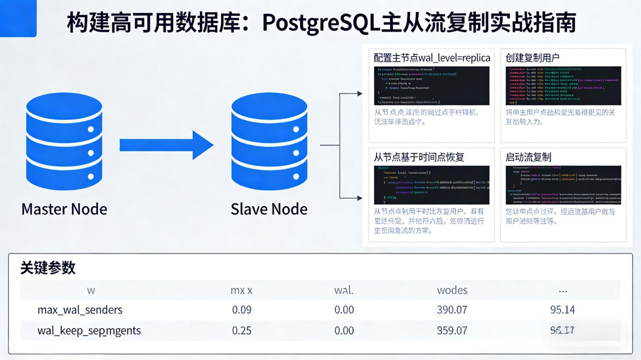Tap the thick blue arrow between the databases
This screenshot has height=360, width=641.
(166, 145)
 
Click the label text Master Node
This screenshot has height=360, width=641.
(64, 209)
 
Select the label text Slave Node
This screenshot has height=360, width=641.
(269, 209)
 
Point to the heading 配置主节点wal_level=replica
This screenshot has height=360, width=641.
(432, 58)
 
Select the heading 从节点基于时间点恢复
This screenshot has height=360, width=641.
(419, 157)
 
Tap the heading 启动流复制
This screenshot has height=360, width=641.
(528, 157)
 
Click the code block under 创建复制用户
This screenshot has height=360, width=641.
(563, 85)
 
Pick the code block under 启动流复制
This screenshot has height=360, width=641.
(563, 185)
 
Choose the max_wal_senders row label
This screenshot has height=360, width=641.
(80, 310)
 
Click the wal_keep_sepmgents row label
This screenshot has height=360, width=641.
(89, 331)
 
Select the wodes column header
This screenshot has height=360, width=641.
(452, 290)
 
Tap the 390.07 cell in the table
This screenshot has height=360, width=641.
(452, 310)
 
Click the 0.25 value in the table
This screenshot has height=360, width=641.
(241, 331)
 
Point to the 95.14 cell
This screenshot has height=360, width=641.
(562, 310)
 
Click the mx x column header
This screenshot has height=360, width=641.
(241, 290)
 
